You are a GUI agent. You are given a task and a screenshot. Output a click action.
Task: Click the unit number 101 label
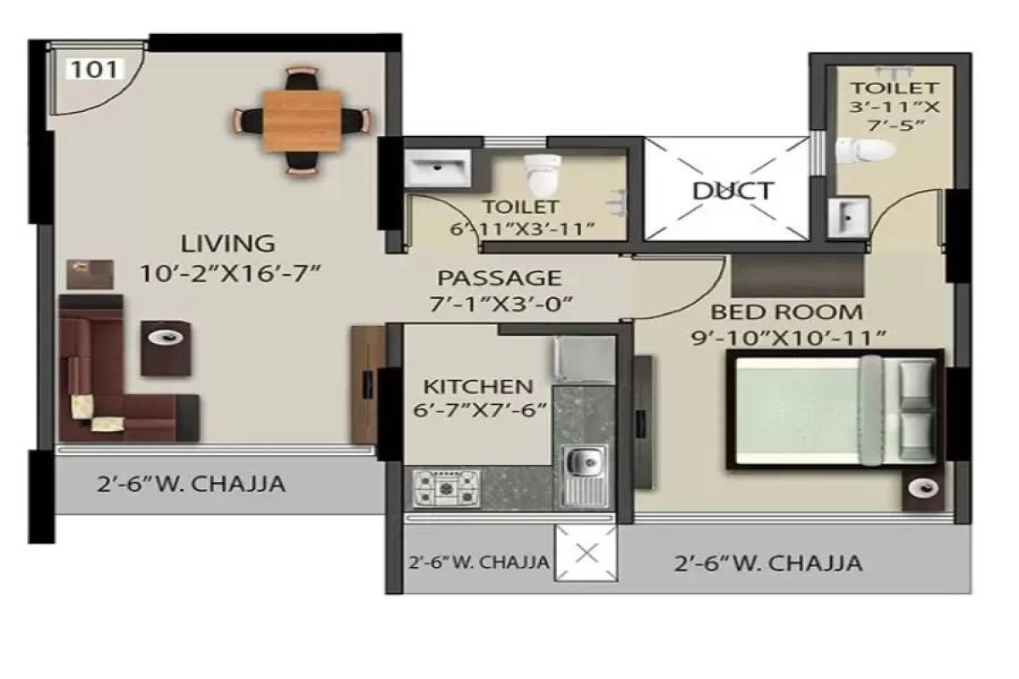click(x=94, y=70)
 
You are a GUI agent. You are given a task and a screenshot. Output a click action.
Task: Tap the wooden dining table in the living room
click(x=301, y=121)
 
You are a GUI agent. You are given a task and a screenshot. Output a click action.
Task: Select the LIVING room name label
click(x=228, y=244)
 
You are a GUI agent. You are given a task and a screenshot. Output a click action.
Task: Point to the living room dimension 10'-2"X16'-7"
click(x=230, y=273)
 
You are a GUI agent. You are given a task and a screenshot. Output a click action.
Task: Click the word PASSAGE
click(x=499, y=278)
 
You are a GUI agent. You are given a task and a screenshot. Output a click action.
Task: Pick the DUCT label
click(x=733, y=191)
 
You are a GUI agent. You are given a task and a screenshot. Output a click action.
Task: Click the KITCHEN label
click(x=478, y=386)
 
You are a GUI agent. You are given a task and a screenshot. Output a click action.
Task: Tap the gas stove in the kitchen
click(x=446, y=489)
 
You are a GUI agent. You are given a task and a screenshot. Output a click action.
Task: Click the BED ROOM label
click(x=786, y=312)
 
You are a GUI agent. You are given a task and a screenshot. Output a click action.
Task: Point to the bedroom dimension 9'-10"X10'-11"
click(x=789, y=339)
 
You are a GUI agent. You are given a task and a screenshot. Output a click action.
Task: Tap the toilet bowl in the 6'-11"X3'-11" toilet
click(x=543, y=173)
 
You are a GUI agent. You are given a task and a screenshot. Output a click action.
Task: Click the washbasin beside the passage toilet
click(x=437, y=168)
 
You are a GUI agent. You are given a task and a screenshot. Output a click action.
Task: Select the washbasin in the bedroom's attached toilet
click(x=848, y=217)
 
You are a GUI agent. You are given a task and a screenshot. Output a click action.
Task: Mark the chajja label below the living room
click(x=191, y=485)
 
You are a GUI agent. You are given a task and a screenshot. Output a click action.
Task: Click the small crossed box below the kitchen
click(x=586, y=553)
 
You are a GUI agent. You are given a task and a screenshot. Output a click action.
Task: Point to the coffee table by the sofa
click(x=166, y=349)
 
